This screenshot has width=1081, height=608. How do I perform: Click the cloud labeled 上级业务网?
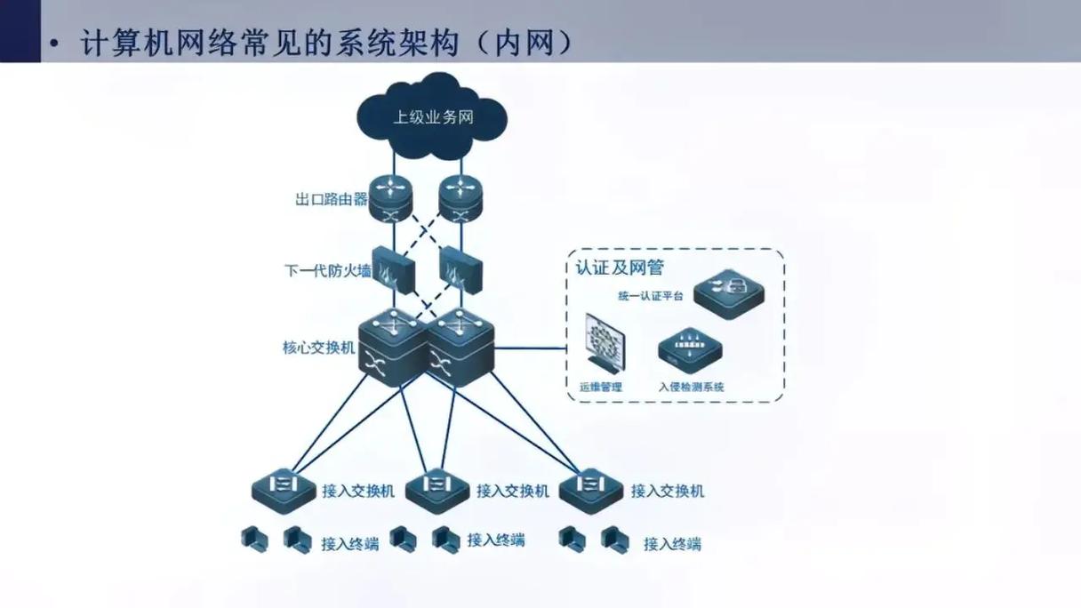click(432, 116)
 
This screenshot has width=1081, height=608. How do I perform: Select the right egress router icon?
click(460, 197)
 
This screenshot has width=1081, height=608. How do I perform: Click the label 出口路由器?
click(331, 199)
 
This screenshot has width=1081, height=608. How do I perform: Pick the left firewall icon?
click(393, 269)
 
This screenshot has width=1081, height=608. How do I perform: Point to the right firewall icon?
click(460, 269)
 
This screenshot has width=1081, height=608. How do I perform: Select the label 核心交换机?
click(318, 348)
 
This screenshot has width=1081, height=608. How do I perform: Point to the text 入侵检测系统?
click(691, 387)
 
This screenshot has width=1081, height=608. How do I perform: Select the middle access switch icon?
click(437, 488)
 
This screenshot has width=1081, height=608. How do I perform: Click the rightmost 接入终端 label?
click(672, 544)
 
